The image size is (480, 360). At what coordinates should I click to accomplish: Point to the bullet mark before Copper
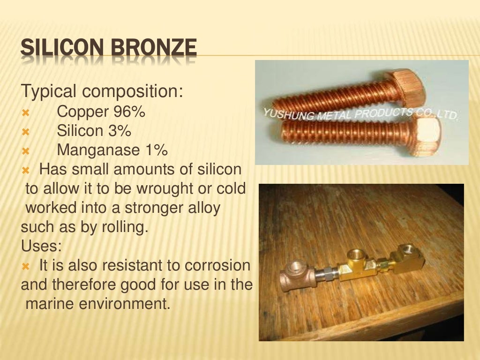(x=25, y=113)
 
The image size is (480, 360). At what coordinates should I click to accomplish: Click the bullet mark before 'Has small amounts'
(x=25, y=170)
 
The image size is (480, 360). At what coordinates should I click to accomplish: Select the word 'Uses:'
(x=41, y=246)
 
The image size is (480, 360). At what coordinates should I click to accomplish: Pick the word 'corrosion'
(x=218, y=265)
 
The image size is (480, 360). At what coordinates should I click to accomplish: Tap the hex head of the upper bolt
(x=407, y=86)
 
